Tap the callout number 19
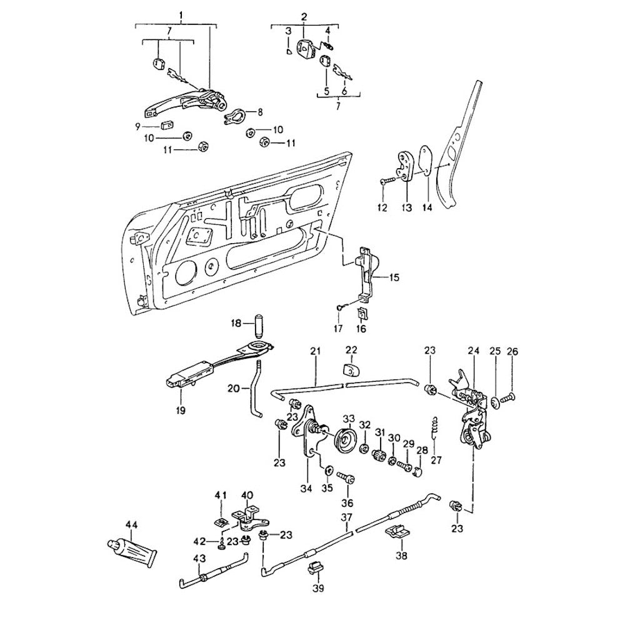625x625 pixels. tap(181, 410)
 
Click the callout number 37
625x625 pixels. tap(346, 517)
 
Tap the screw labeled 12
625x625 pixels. tap(386, 181)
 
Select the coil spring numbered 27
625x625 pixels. tap(436, 429)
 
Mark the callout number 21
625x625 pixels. tap(315, 352)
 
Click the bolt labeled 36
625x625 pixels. tap(347, 479)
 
